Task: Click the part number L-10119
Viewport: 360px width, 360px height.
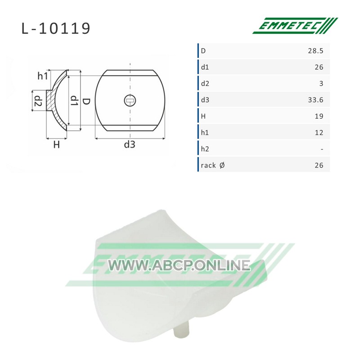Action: (56, 28)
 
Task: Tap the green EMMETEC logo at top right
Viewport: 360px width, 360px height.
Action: (295, 26)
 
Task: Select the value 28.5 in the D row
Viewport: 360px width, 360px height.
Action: (315, 51)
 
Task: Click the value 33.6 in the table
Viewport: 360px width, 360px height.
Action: (315, 100)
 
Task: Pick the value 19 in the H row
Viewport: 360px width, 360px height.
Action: (319, 116)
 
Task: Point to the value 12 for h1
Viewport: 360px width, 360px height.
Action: (319, 133)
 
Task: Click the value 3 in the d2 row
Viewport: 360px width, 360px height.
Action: (321, 84)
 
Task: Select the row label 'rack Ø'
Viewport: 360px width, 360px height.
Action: (212, 165)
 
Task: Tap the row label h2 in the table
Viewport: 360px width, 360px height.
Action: (205, 149)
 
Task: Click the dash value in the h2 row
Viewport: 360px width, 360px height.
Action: (322, 149)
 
